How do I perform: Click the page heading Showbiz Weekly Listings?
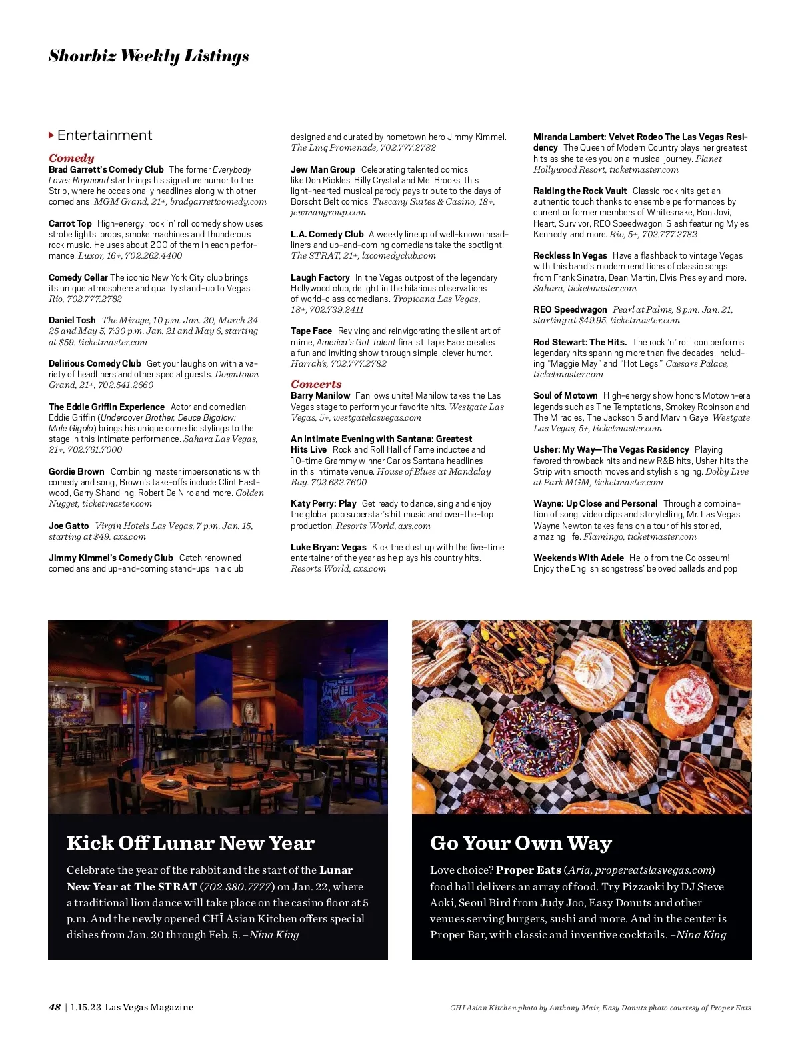pyautogui.click(x=149, y=56)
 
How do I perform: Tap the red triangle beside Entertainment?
pyautogui.click(x=51, y=135)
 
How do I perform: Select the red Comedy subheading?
pyautogui.click(x=71, y=158)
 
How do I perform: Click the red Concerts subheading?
pyautogui.click(x=316, y=384)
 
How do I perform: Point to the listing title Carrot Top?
pyautogui.click(x=70, y=223)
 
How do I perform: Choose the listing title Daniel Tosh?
pyautogui.click(x=72, y=320)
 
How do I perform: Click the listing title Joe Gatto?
pyautogui.click(x=69, y=526)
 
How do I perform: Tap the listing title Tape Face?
pyautogui.click(x=311, y=331)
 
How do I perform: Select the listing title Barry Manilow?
pyautogui.click(x=320, y=395)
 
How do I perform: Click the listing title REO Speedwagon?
pyautogui.click(x=570, y=309)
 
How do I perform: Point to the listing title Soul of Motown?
pyautogui.click(x=565, y=395)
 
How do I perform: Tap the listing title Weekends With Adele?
pyautogui.click(x=579, y=558)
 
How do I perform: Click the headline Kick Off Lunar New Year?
pyautogui.click(x=191, y=843)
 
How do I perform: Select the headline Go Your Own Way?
pyautogui.click(x=521, y=843)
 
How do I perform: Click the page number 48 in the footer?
pyautogui.click(x=55, y=1007)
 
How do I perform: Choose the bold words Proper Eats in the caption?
pyautogui.click(x=529, y=870)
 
